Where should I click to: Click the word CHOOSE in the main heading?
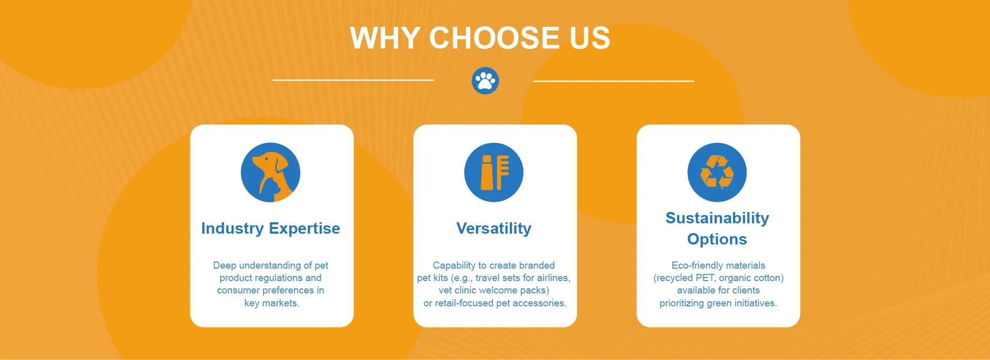point(494,38)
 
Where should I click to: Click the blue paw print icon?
point(485,81)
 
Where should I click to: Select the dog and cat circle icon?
point(271,172)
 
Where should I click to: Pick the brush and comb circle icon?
point(494,172)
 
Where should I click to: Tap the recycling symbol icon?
point(717,172)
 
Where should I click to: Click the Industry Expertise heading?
point(271,228)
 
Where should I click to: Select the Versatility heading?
point(494,228)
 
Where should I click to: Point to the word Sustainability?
point(717,218)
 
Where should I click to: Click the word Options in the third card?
point(717,239)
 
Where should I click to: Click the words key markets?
point(272,303)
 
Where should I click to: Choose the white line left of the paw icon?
point(353,80)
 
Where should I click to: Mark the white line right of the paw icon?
point(614,81)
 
